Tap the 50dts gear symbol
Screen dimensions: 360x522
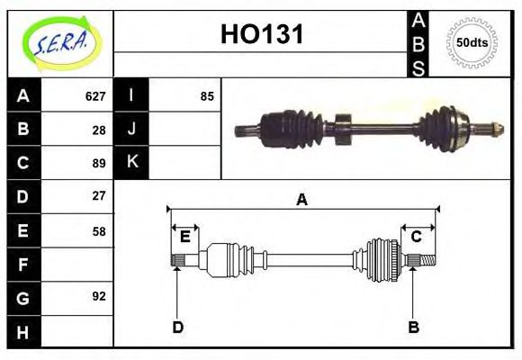471,42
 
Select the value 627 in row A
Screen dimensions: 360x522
95,96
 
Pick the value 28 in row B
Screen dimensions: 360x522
99,130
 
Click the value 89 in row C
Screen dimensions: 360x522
99,163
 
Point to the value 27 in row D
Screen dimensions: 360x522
99,195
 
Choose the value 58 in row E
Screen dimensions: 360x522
99,230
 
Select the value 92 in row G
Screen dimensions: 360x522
99,296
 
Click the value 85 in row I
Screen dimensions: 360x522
207,96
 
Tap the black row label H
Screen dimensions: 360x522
23,331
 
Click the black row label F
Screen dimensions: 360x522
23,265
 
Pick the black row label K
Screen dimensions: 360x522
131,163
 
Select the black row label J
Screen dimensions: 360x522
131,130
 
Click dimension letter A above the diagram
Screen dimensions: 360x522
301,200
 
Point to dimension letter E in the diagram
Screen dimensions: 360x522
185,237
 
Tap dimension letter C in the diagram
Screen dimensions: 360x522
416,237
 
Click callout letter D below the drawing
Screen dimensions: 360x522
177,327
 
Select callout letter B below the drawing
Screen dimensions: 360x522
413,327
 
